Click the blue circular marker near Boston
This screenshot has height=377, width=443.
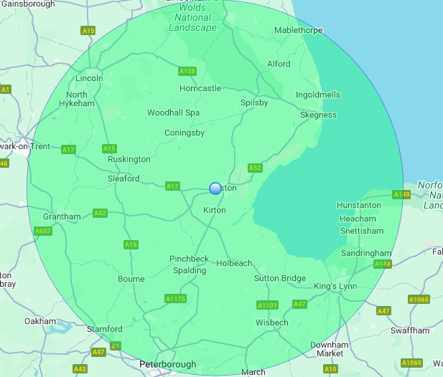click(x=215, y=188)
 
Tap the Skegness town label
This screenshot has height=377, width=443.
click(x=318, y=115)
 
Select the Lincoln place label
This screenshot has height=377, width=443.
click(x=89, y=78)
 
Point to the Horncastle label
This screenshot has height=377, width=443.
click(x=200, y=88)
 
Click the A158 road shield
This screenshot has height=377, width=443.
click(x=187, y=71)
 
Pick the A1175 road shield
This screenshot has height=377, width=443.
click(x=175, y=298)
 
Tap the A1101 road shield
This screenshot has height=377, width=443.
click(x=267, y=305)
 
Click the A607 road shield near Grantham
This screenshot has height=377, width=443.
click(x=43, y=231)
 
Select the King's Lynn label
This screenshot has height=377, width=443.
click(x=335, y=287)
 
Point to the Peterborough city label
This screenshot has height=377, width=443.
click(x=167, y=364)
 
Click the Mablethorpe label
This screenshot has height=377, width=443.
click(x=299, y=31)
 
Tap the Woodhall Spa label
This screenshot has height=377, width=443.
click(x=173, y=113)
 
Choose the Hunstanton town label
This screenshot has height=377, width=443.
click(x=359, y=205)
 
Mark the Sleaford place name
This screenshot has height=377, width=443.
click(x=123, y=178)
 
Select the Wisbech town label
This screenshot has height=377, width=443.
click(x=271, y=323)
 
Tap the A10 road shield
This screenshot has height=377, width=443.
click(x=330, y=369)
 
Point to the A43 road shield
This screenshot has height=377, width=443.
click(x=80, y=369)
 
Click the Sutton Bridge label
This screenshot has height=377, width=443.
click(x=280, y=278)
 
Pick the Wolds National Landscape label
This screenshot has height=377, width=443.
click(x=192, y=19)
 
